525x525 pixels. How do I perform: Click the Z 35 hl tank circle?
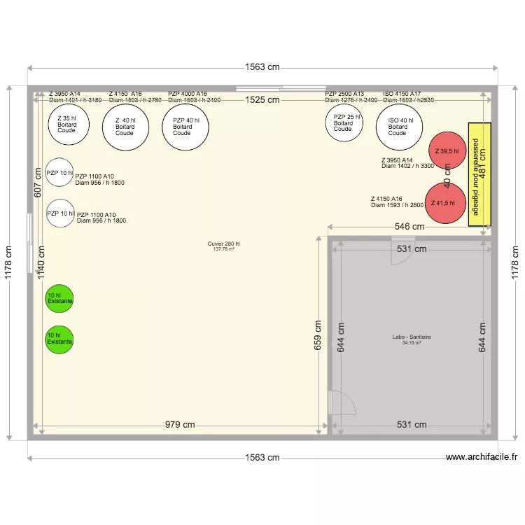pyautogui.click(x=68, y=125)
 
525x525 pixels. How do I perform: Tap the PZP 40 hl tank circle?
pyautogui.click(x=184, y=127)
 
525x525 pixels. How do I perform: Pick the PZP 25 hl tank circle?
pyautogui.click(x=344, y=123)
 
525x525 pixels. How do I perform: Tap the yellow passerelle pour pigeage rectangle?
pyautogui.click(x=479, y=174)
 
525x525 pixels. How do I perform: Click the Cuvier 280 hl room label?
pyautogui.click(x=223, y=244)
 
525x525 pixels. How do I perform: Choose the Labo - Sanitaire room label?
pyautogui.click(x=412, y=337)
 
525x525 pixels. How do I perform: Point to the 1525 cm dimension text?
pyautogui.click(x=262, y=100)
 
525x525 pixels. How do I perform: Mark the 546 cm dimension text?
pyautogui.click(x=409, y=227)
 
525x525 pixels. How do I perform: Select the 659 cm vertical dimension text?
pyautogui.click(x=317, y=335)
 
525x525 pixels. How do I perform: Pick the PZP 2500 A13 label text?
pyautogui.click(x=344, y=94)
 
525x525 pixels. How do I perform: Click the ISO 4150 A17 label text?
pyautogui.click(x=402, y=94)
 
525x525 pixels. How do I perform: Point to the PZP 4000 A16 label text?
pyautogui.click(x=188, y=94)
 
